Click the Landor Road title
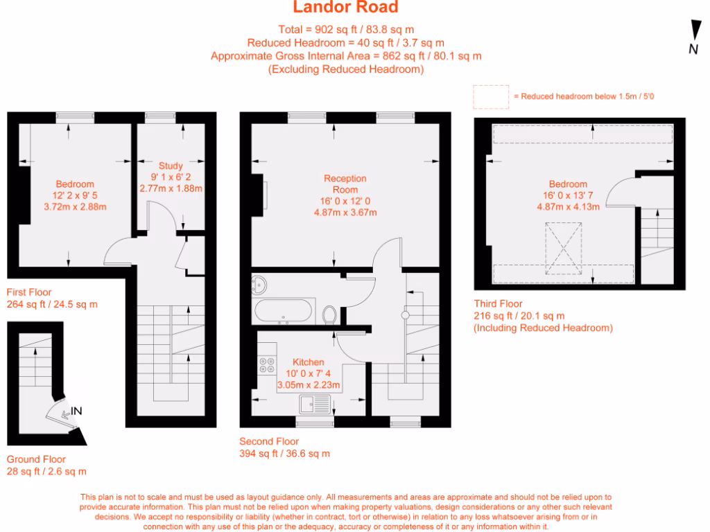point(345,8)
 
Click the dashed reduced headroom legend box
point(491,96)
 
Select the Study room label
point(171,166)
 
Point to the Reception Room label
point(345,184)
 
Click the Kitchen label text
point(309,362)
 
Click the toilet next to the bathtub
point(329,314)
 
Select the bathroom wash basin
point(261,283)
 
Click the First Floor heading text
point(29,292)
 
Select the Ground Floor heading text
point(36,459)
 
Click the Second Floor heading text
point(269,441)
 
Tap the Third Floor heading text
point(498,303)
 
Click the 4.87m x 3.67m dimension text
point(345,212)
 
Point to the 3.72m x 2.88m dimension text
point(75,206)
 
